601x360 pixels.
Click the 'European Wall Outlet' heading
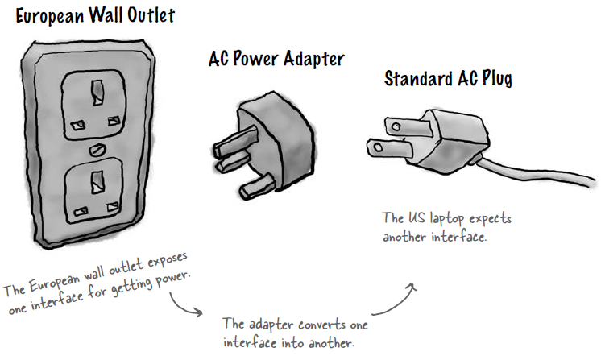click(x=95, y=14)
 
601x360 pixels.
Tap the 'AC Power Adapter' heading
click(x=276, y=59)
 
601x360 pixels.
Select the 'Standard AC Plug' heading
click(x=448, y=78)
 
